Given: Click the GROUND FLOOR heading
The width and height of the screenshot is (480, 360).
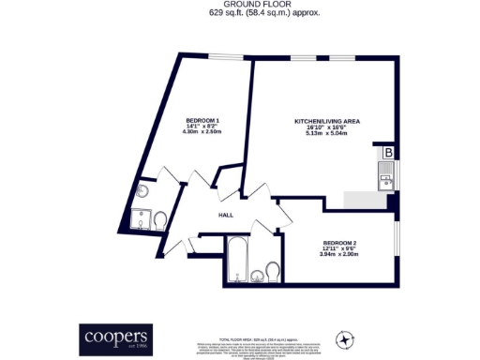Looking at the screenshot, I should (x=240, y=5).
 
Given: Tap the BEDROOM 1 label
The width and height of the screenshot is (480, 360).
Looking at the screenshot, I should (x=202, y=123).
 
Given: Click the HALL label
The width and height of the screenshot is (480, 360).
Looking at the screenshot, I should (x=226, y=215).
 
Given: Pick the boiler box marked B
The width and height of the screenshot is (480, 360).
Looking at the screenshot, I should (x=388, y=153).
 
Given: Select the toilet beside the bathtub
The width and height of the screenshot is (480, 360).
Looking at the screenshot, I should (x=272, y=273).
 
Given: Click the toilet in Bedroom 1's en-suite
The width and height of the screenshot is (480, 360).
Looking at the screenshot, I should (x=159, y=220).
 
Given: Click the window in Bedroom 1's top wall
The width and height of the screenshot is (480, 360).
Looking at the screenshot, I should (x=223, y=58).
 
